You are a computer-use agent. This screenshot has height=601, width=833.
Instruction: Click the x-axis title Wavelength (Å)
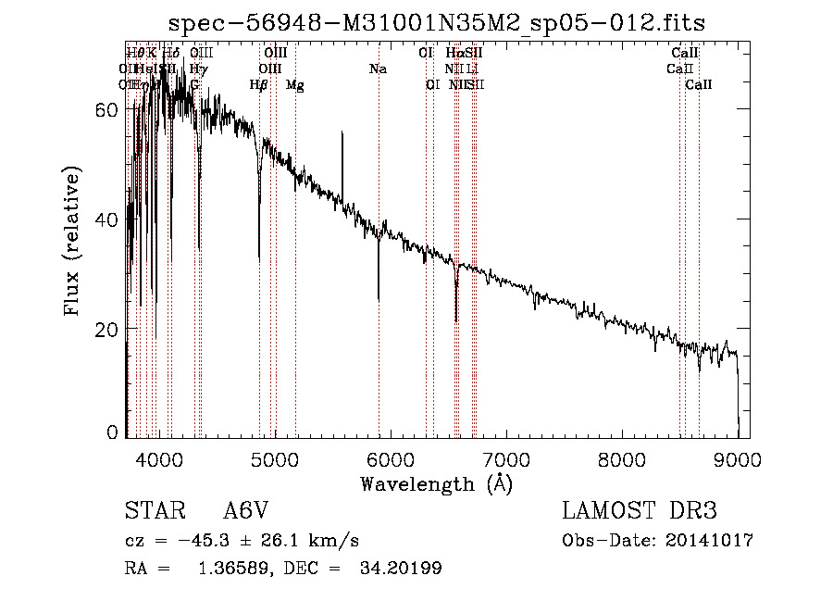(x=436, y=483)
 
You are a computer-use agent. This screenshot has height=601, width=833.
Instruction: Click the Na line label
(x=378, y=69)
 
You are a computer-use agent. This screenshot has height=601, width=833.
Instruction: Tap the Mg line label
(x=294, y=85)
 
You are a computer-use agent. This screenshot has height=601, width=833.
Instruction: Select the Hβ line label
(x=259, y=85)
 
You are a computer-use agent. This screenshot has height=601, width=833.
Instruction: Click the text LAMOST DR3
(x=640, y=511)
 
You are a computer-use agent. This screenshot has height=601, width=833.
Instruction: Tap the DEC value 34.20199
(x=400, y=569)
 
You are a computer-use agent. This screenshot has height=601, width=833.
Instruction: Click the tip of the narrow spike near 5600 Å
(x=342, y=132)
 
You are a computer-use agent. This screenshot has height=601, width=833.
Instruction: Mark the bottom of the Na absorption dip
(x=379, y=300)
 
